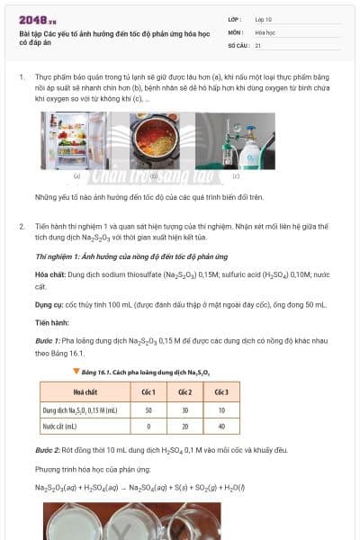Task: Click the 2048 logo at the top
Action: point(38,19)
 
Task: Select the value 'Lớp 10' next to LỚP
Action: point(264,19)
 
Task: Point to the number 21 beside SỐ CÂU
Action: point(258,44)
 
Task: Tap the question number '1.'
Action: point(22,78)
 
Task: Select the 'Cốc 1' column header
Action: point(148,391)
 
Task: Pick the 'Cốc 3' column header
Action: point(220,391)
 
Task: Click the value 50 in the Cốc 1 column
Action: point(148,409)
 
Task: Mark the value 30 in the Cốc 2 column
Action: point(184,409)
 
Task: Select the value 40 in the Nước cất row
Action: point(220,426)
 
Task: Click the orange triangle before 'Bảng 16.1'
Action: point(51,371)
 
